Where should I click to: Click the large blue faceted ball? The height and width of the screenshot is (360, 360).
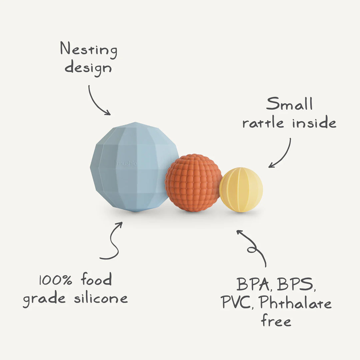(133, 167)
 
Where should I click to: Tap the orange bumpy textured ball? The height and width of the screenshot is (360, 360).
(193, 183)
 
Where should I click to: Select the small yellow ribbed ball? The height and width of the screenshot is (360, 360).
(241, 190)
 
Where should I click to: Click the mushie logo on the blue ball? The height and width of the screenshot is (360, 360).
(126, 164)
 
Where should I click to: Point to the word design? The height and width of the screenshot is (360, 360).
(88, 68)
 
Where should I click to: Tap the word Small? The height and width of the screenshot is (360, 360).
(289, 104)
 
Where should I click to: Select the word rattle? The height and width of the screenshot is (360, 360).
(263, 123)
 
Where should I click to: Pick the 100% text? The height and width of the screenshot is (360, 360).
(55, 280)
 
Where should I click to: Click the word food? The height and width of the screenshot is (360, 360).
(96, 279)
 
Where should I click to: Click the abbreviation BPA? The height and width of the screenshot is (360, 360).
(253, 284)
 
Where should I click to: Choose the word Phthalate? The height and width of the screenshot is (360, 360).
(295, 303)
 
